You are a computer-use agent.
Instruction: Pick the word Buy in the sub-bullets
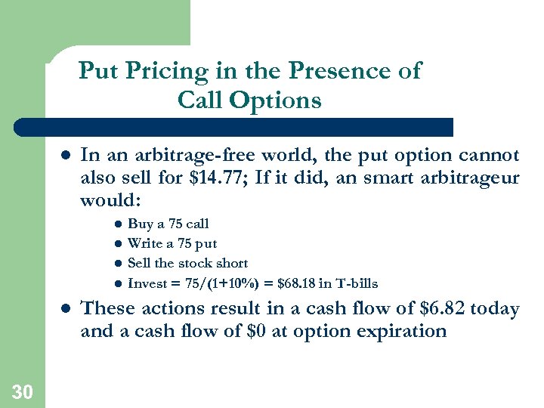click(x=139, y=224)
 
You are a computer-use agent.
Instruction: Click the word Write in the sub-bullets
click(x=144, y=243)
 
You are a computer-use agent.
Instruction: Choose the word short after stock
click(x=230, y=263)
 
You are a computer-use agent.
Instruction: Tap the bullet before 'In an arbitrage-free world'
click(x=64, y=156)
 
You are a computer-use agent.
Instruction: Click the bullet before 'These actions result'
click(x=64, y=309)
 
